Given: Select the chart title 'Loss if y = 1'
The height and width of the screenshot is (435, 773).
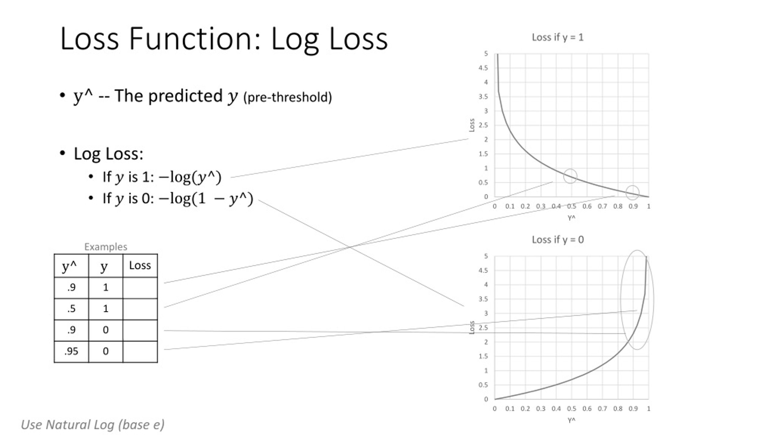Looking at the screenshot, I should coord(557,37).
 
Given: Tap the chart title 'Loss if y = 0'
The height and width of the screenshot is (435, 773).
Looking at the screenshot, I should coord(557,240).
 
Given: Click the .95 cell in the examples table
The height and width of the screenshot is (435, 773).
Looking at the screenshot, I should coord(71,351).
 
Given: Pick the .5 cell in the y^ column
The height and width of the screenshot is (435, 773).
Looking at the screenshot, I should coord(71,309).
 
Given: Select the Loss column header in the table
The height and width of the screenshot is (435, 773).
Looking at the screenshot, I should coord(140,265).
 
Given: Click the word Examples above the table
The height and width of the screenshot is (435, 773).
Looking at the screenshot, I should coord(106,246).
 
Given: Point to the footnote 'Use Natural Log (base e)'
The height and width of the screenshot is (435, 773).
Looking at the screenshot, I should coord(93,424).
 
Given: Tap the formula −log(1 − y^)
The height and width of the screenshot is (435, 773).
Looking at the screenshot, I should coord(206,199).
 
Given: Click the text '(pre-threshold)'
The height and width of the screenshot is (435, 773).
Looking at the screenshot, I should coord(287,97).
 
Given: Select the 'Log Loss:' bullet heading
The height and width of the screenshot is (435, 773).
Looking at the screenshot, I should coord(108,153).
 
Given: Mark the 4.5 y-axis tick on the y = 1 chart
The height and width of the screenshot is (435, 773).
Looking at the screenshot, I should coord(483,68).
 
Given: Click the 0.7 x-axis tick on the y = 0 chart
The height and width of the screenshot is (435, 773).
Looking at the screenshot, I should coord(602,409).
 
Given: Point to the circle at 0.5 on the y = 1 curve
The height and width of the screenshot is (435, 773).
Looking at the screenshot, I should coord(570,176).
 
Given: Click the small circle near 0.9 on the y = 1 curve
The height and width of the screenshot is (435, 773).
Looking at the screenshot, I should coord(632,192).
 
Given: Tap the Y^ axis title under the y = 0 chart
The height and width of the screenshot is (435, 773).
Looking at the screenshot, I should coord(571,420).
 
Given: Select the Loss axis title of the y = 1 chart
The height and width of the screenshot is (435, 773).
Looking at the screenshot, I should coord(472,125).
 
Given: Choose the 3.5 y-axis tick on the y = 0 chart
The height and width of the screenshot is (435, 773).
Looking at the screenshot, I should coord(483,299).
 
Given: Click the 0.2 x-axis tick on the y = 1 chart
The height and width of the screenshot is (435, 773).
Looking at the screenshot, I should coord(525,206).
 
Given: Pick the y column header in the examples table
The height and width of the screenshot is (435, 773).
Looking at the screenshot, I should coord(104,266).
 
